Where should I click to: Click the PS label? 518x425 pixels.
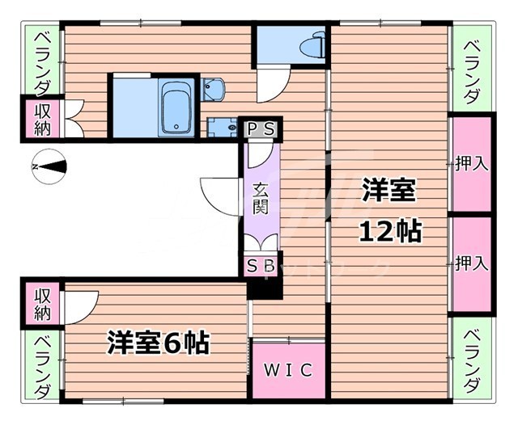point(260,128)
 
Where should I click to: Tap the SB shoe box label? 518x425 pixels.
point(260,265)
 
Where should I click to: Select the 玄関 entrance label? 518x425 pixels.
point(260,199)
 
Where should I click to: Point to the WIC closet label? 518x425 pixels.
point(288,370)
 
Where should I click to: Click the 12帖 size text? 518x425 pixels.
point(389,231)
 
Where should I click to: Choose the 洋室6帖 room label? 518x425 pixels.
point(159,343)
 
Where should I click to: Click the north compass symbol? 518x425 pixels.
point(50,166)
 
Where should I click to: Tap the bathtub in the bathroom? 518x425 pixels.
point(174,107)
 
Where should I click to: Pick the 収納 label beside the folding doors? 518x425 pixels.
point(42,120)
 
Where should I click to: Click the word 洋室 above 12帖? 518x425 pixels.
point(388,191)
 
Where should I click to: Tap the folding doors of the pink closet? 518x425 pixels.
point(70,120)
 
